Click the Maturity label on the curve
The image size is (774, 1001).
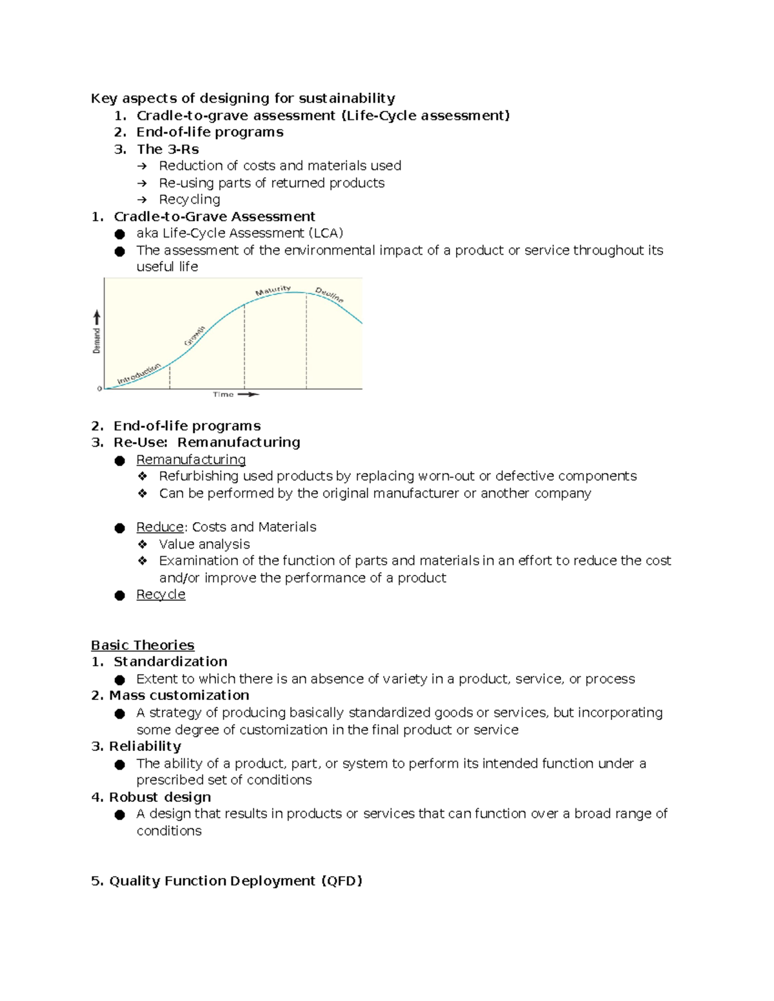point(273,291)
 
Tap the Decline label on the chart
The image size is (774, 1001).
point(330,295)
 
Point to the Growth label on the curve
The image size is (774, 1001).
point(195,336)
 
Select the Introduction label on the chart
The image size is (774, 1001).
point(139,374)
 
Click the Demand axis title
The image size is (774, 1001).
point(97,340)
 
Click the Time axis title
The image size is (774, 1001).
point(223,394)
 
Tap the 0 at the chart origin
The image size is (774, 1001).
point(99,389)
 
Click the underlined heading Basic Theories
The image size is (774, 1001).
point(143,645)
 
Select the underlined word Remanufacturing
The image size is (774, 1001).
point(191,460)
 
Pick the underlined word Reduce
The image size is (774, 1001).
point(160,527)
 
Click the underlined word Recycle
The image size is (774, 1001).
point(161,594)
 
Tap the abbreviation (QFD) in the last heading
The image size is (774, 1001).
point(342,881)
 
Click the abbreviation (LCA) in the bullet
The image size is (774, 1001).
point(326,233)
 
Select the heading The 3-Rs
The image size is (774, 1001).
point(168,149)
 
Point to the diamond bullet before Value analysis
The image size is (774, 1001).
point(143,544)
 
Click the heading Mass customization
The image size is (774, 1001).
point(179,695)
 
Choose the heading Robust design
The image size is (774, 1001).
point(160,797)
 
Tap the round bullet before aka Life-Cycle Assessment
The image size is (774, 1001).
point(119,234)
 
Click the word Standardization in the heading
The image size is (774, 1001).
point(170,662)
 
